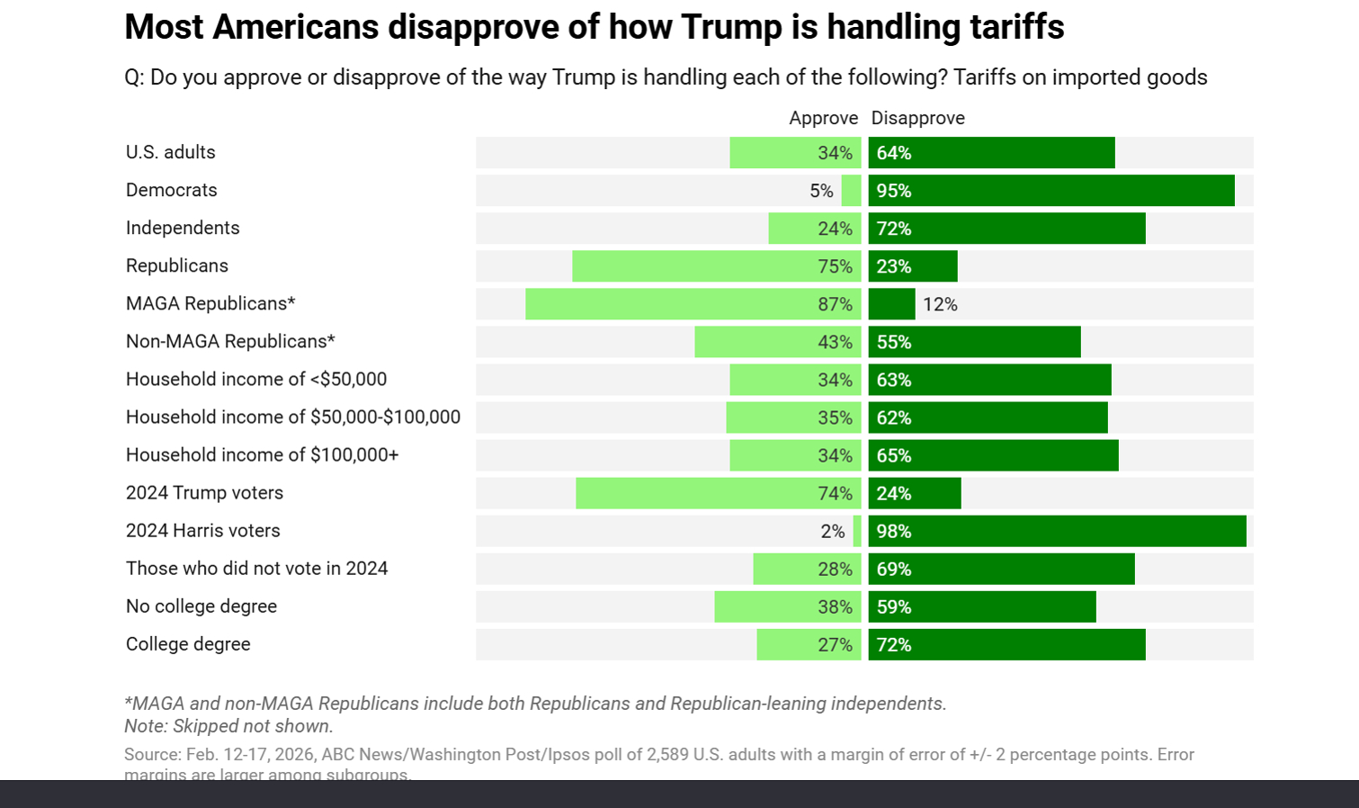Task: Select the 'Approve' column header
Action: point(823,118)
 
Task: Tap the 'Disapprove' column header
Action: point(917,118)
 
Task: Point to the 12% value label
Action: point(940,304)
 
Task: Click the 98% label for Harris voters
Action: point(894,532)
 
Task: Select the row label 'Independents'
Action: point(183,228)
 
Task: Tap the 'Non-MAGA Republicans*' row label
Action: point(230,341)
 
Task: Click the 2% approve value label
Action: point(833,532)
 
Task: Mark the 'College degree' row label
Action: point(188,644)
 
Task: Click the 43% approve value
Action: point(835,342)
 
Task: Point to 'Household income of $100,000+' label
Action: point(262,454)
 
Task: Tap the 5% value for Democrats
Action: point(821,191)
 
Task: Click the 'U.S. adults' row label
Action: point(171,152)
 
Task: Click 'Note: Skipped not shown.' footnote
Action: point(228,726)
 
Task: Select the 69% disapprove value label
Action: point(894,570)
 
